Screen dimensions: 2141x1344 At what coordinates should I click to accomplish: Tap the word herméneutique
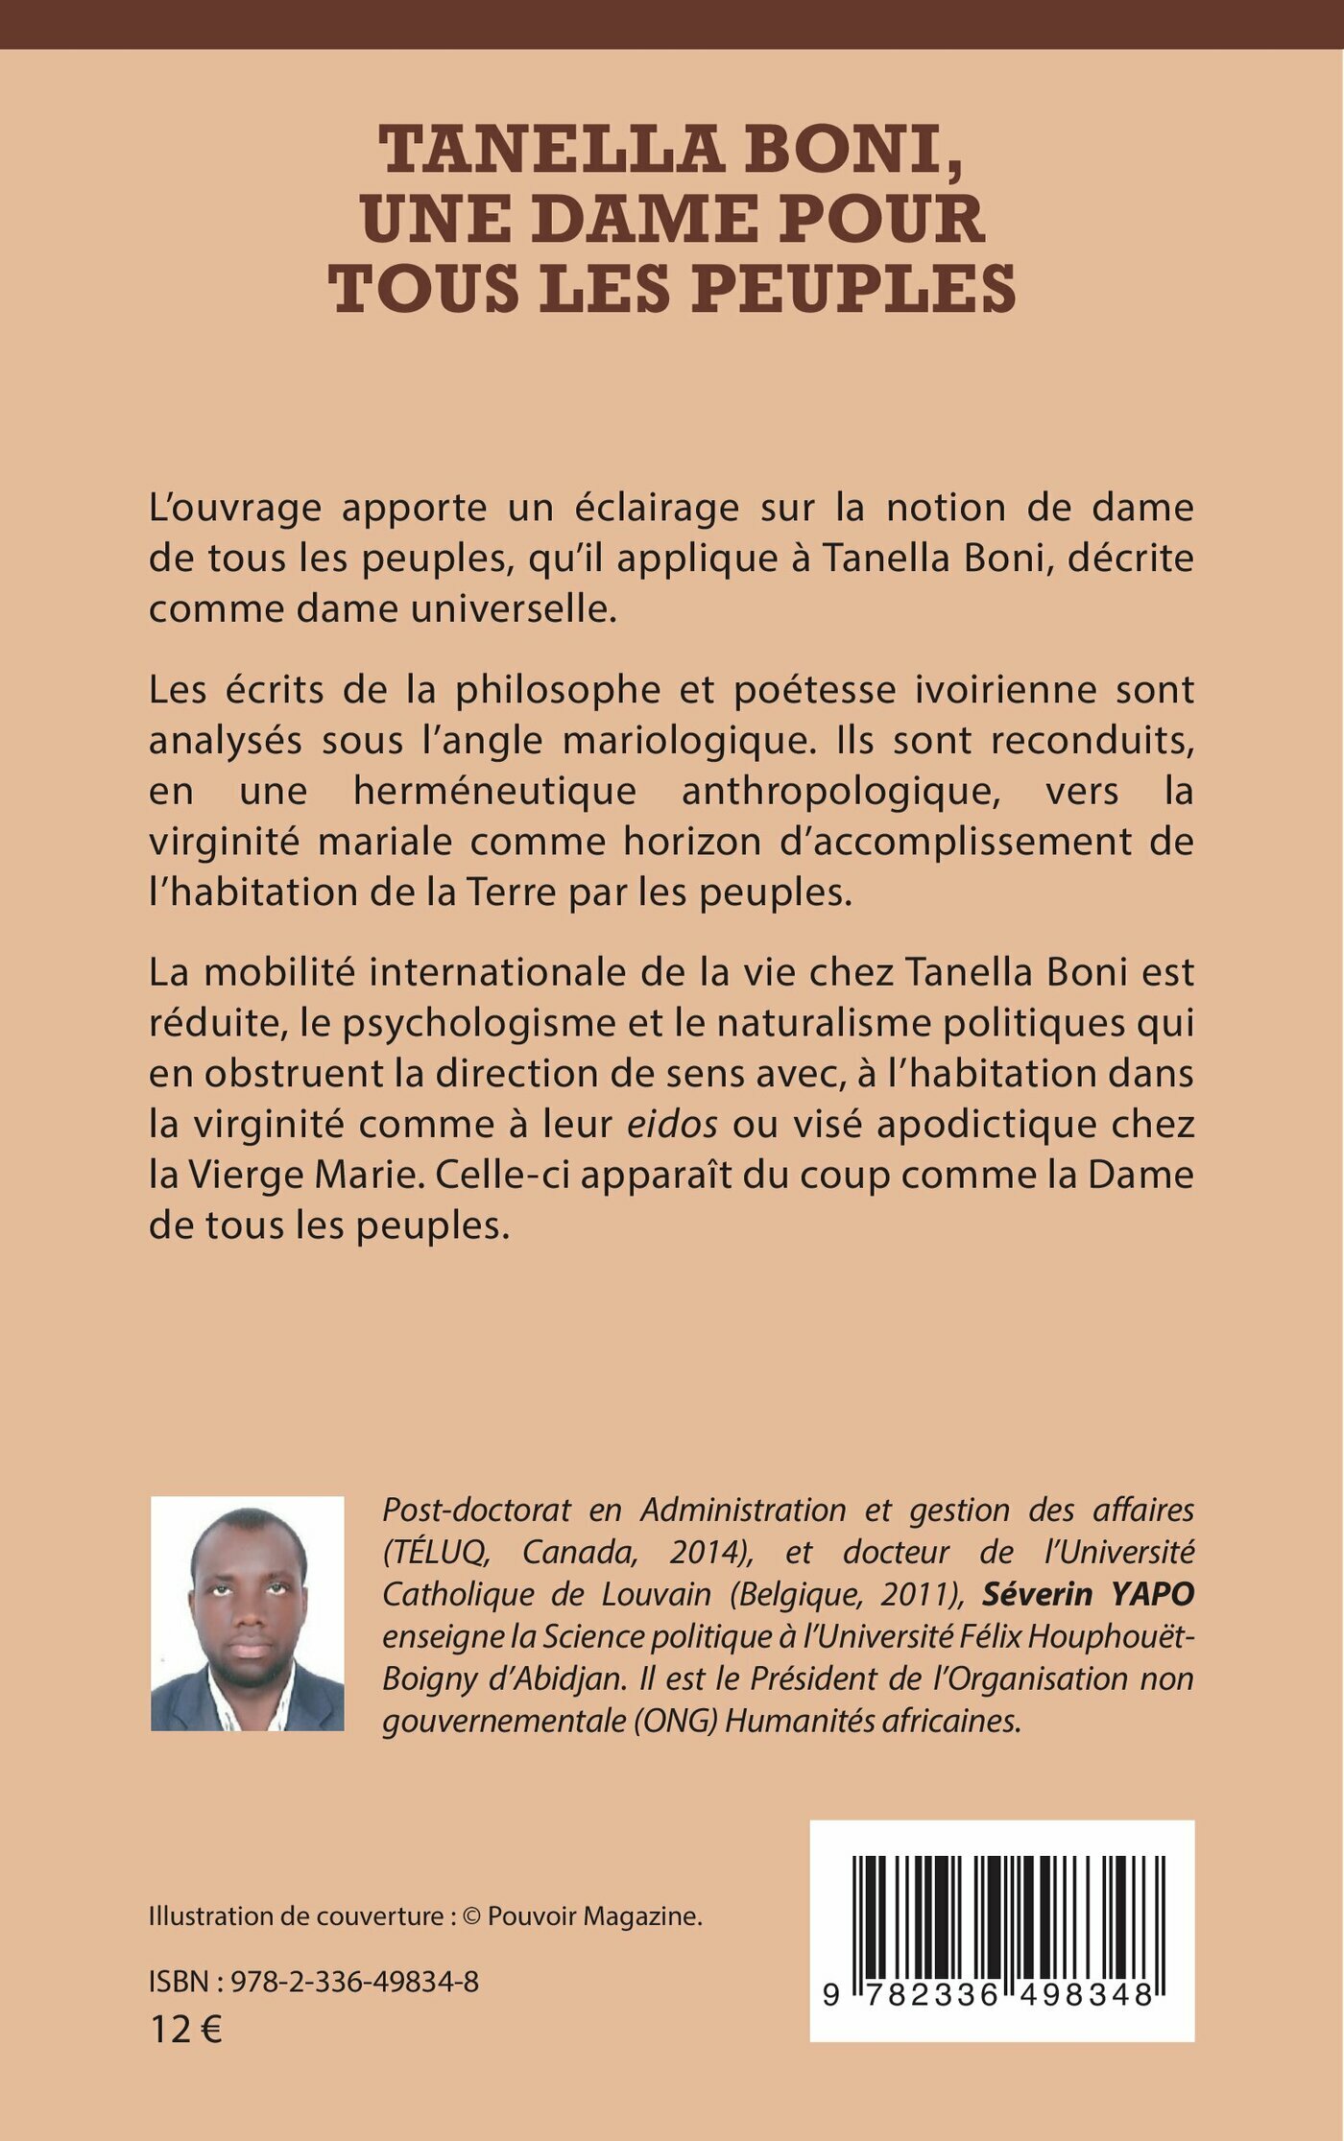[x=494, y=792]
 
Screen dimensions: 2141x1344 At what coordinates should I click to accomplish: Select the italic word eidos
[x=672, y=1125]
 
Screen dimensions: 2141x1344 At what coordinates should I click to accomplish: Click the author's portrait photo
[x=247, y=1613]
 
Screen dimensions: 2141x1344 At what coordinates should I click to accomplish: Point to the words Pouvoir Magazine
[x=594, y=1915]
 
